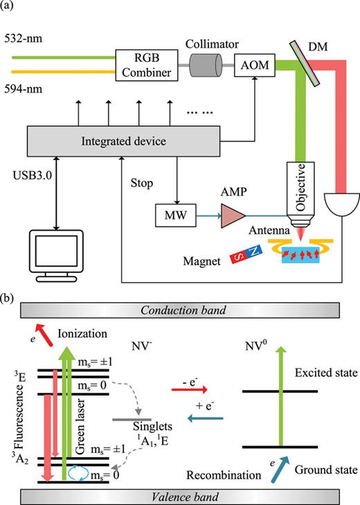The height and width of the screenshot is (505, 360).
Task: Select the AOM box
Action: pos(253,67)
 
